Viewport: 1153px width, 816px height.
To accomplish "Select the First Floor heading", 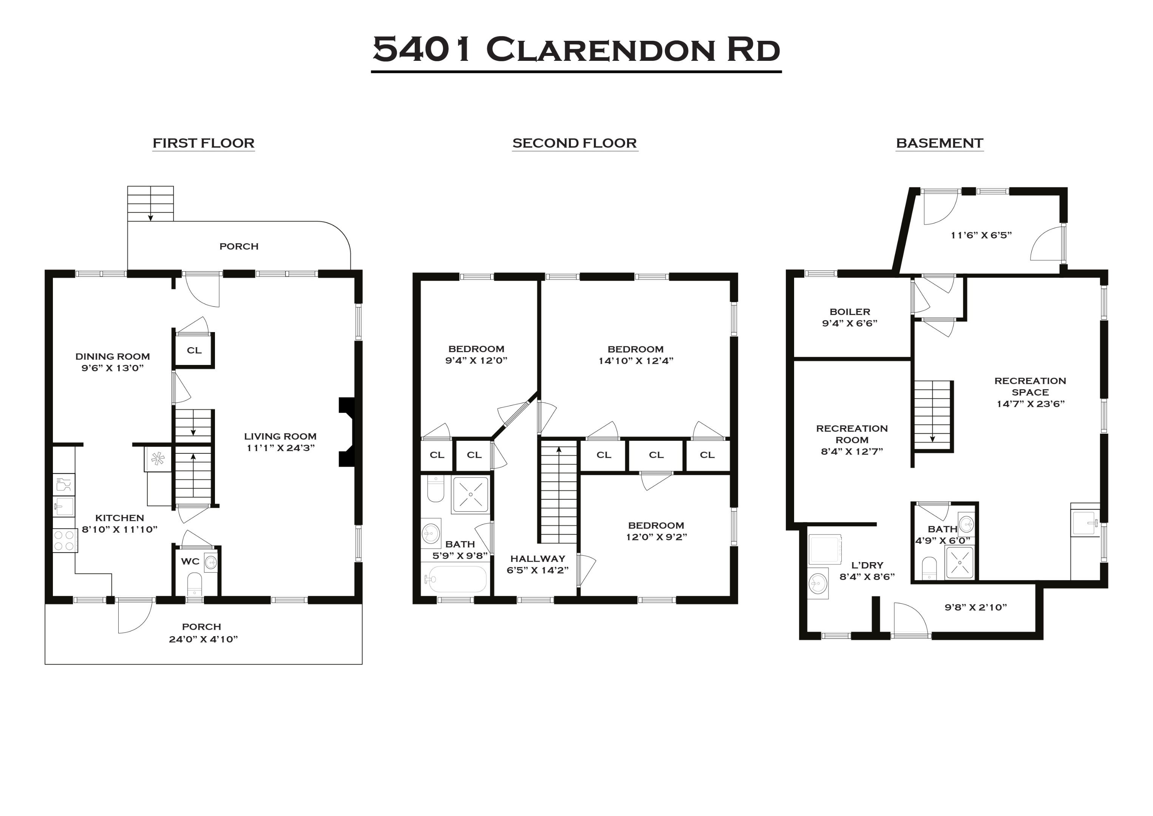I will pyautogui.click(x=204, y=143).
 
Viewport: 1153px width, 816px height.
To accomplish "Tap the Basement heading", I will pyautogui.click(x=939, y=143).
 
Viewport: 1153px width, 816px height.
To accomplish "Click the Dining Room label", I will pyautogui.click(x=113, y=356).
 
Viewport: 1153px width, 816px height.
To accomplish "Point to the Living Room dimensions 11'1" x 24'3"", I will pyautogui.click(x=280, y=448).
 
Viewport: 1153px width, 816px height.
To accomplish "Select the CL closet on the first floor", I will pyautogui.click(x=194, y=350).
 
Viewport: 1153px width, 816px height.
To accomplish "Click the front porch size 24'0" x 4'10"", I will pyautogui.click(x=203, y=639).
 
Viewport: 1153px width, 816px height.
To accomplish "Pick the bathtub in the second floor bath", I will pyautogui.click(x=456, y=580).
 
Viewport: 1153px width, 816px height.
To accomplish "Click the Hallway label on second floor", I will pyautogui.click(x=538, y=558).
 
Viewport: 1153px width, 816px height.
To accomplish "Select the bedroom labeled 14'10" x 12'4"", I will pyautogui.click(x=635, y=355).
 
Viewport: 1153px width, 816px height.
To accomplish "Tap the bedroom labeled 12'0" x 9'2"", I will pyautogui.click(x=656, y=531).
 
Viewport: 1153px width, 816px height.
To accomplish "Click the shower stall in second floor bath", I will pyautogui.click(x=470, y=495).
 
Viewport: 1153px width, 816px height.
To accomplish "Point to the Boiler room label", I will pyautogui.click(x=850, y=312).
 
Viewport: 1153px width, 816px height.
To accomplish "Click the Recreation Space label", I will pyautogui.click(x=1030, y=386).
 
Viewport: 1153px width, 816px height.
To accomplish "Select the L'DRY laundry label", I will pyautogui.click(x=867, y=565).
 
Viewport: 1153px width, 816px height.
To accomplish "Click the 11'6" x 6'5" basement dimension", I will pyautogui.click(x=981, y=235).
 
